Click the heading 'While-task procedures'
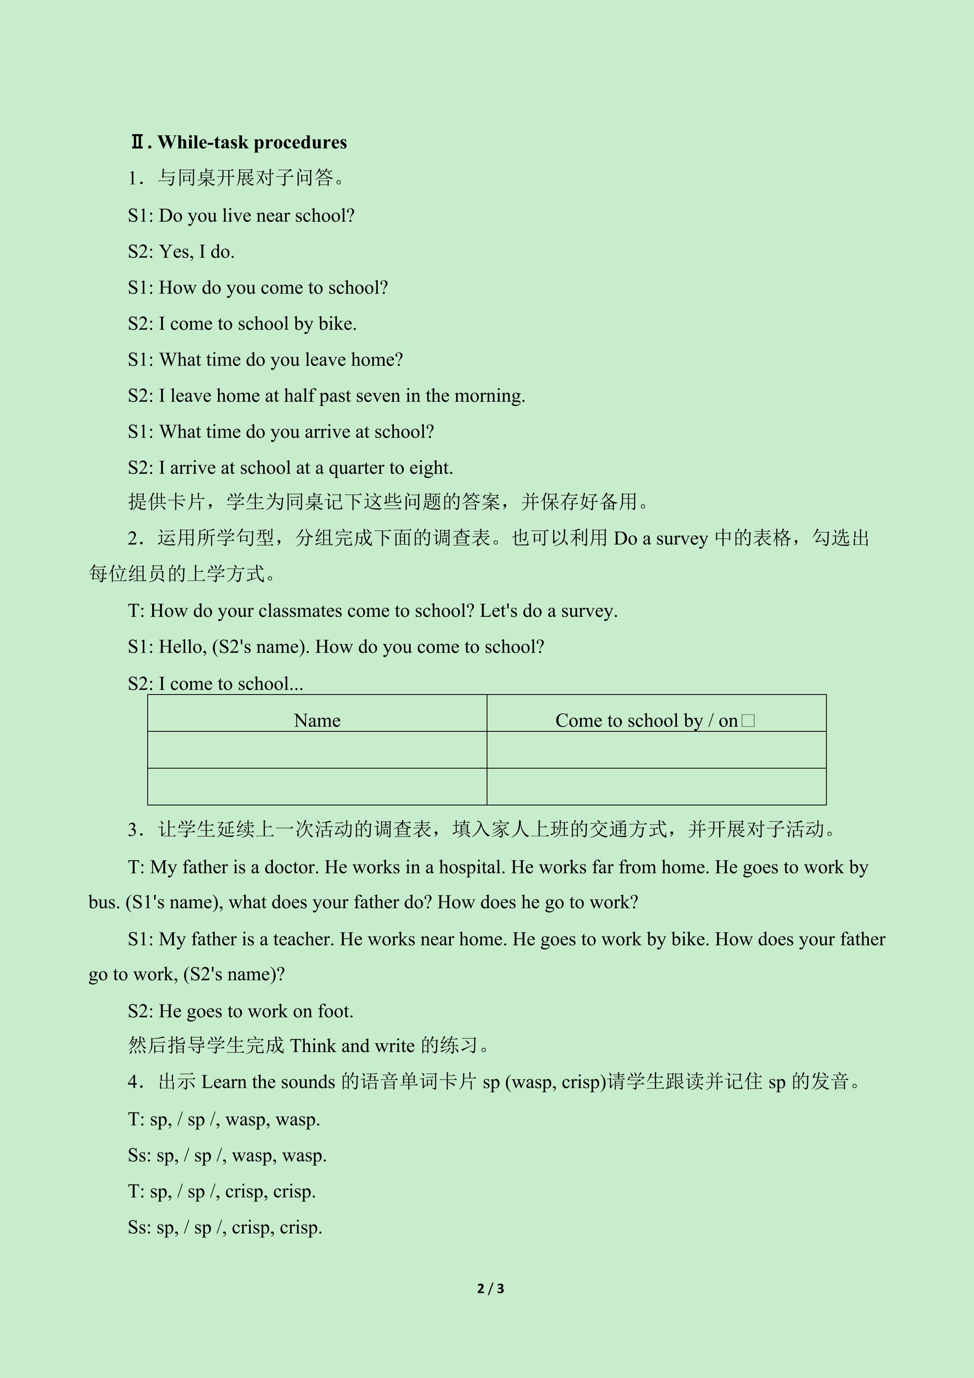point(252,142)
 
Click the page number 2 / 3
point(490,1288)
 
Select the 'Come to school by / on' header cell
point(646,720)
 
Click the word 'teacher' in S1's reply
point(302,939)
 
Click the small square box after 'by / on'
point(748,720)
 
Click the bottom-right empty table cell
point(656,786)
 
